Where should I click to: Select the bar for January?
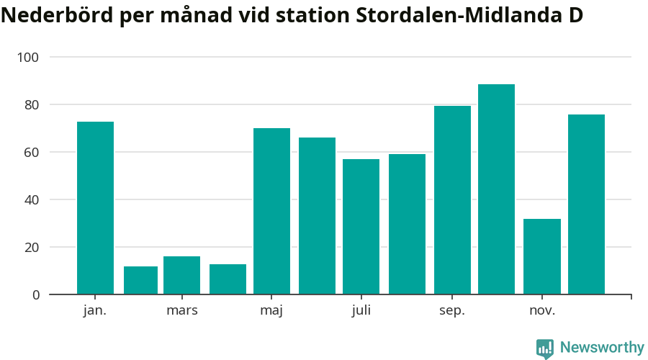[95, 208]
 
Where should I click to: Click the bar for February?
[140, 280]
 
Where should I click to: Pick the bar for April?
[228, 279]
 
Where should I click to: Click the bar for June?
[317, 216]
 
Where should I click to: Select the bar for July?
[361, 227]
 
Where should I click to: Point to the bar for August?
[407, 224]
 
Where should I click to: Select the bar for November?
[541, 256]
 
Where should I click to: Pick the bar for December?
[586, 204]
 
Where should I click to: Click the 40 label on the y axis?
[32, 199]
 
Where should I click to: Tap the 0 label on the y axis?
[35, 294]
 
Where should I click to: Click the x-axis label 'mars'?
[181, 311]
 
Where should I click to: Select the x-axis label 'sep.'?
[452, 311]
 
